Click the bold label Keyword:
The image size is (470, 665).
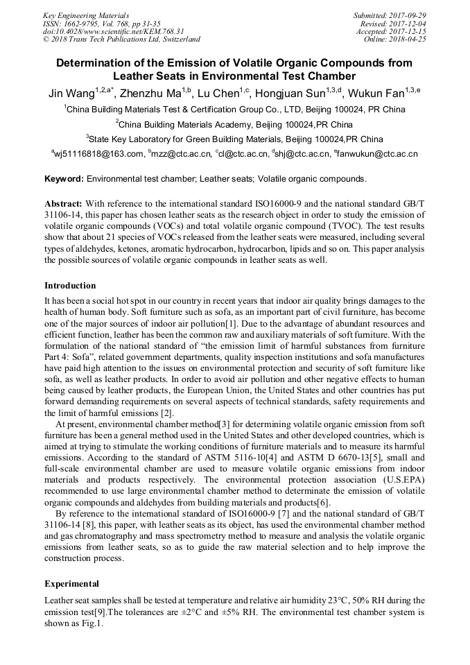point(64,179)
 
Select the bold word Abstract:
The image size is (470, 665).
point(64,204)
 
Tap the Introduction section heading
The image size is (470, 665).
point(70,286)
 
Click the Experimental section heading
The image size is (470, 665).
point(71,584)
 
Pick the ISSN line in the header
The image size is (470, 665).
point(101,23)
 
